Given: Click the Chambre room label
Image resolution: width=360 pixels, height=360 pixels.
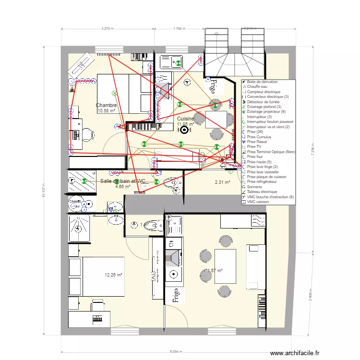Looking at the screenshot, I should click(x=106, y=105).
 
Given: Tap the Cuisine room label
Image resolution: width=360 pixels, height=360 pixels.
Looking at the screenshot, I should click(x=185, y=119).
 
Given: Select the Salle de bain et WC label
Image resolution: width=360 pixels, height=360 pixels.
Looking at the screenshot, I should click(x=123, y=181).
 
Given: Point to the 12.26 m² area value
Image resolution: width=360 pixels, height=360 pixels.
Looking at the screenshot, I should click(x=114, y=275).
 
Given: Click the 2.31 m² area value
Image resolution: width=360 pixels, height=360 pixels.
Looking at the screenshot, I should click(x=222, y=182).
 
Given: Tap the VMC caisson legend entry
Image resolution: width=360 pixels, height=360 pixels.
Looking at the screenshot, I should click(x=258, y=202).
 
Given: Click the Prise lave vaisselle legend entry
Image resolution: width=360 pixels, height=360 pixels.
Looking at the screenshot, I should click(x=262, y=172).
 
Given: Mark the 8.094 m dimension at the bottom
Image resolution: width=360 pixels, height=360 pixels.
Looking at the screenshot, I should click(x=176, y=351).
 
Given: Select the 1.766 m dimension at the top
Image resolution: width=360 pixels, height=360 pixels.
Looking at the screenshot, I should click(x=180, y=29).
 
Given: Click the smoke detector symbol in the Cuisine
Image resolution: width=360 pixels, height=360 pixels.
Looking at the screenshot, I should click(x=184, y=128).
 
